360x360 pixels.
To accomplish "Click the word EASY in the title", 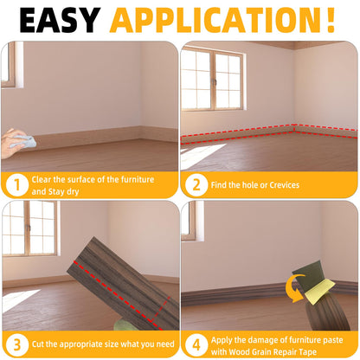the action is pyautogui.click(x=60, y=20).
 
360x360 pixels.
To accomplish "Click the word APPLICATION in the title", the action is pyautogui.click(x=214, y=20).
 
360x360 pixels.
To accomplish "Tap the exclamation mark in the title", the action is pyautogui.click(x=331, y=20).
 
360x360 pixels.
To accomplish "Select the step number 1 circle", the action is pyautogui.click(x=17, y=184).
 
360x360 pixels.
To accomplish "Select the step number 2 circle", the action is pyautogui.click(x=196, y=184).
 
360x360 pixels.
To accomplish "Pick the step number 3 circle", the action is pyautogui.click(x=17, y=344).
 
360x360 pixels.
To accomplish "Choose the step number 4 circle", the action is pyautogui.click(x=196, y=344).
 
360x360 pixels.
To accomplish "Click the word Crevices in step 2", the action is pyautogui.click(x=285, y=185).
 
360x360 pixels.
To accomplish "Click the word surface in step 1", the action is pyautogui.click(x=81, y=179).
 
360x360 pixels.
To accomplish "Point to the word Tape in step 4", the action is pyautogui.click(x=308, y=352).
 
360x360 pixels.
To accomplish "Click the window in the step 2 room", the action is pyautogui.click(x=212, y=79).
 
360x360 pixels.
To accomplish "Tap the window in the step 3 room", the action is pyautogui.click(x=30, y=228).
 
